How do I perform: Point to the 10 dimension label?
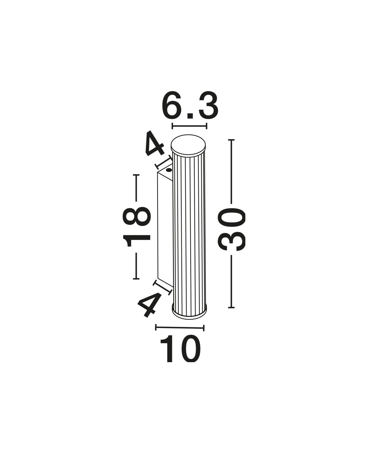coord(180,349)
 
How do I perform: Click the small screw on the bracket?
coord(169,170)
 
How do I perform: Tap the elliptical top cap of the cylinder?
coord(188,146)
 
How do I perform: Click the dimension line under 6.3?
coord(190,126)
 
